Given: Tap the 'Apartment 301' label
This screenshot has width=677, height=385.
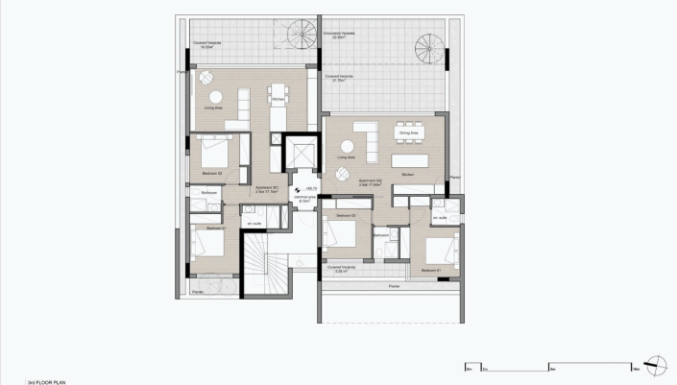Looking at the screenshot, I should click(266, 188).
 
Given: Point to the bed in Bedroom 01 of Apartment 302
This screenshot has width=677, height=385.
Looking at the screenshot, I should click(440, 249).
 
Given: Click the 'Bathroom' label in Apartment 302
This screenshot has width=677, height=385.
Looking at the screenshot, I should click(380, 234).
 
